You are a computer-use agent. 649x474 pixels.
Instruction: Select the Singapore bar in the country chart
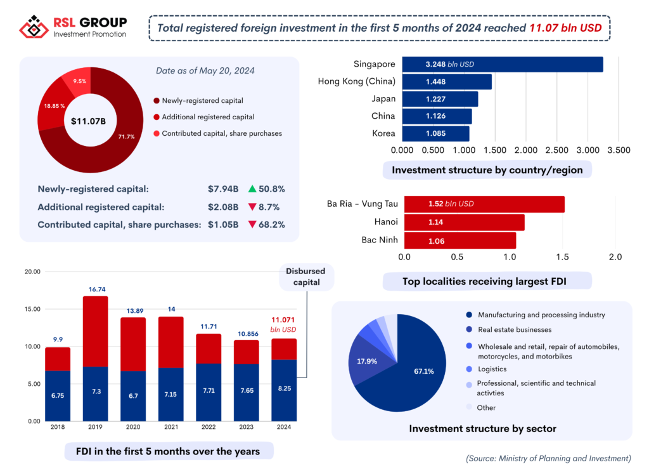pos(503,64)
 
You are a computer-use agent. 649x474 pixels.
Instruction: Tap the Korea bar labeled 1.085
pos(436,133)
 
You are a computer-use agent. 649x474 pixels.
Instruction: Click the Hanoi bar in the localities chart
pos(464,222)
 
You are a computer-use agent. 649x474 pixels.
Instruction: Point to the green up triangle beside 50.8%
pos(252,188)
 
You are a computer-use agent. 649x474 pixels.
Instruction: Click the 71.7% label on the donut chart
pos(126,136)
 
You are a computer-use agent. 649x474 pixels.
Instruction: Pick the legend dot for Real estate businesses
pos(469,329)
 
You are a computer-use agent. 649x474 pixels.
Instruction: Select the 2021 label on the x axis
pos(171,428)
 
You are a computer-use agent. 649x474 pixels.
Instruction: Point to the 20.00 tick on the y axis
pos(32,272)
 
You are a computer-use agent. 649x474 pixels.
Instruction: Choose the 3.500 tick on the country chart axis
pos(619,150)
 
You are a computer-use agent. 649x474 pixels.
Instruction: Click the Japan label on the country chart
pos(383,98)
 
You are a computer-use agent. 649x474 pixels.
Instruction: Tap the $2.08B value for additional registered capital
pos(223,207)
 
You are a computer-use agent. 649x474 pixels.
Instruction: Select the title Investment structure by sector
pos(482,429)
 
